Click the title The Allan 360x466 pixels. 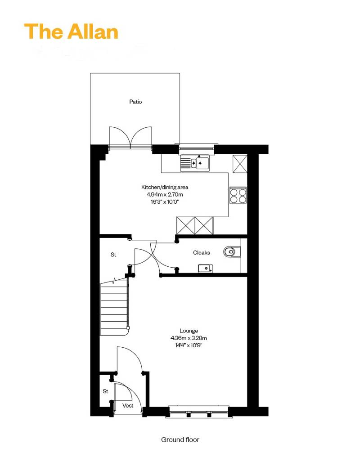(71, 31)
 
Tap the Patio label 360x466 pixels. (135, 102)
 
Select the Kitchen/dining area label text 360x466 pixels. (165, 187)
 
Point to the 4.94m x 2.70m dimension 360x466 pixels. (165, 195)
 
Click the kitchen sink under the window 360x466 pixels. (195, 163)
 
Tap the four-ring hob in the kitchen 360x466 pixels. (238, 195)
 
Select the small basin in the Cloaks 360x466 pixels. (205, 269)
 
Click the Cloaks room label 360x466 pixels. (202, 253)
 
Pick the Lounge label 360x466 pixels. (189, 331)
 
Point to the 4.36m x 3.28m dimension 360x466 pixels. (189, 338)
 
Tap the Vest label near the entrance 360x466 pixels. (128, 405)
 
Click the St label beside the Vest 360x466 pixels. (106, 391)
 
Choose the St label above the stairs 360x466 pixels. (113, 255)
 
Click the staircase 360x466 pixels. (114, 308)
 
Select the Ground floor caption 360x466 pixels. (180, 439)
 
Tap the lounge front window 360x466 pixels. (198, 412)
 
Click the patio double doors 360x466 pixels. (130, 138)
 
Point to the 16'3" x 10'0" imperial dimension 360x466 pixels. (165, 202)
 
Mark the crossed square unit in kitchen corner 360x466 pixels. (240, 164)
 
